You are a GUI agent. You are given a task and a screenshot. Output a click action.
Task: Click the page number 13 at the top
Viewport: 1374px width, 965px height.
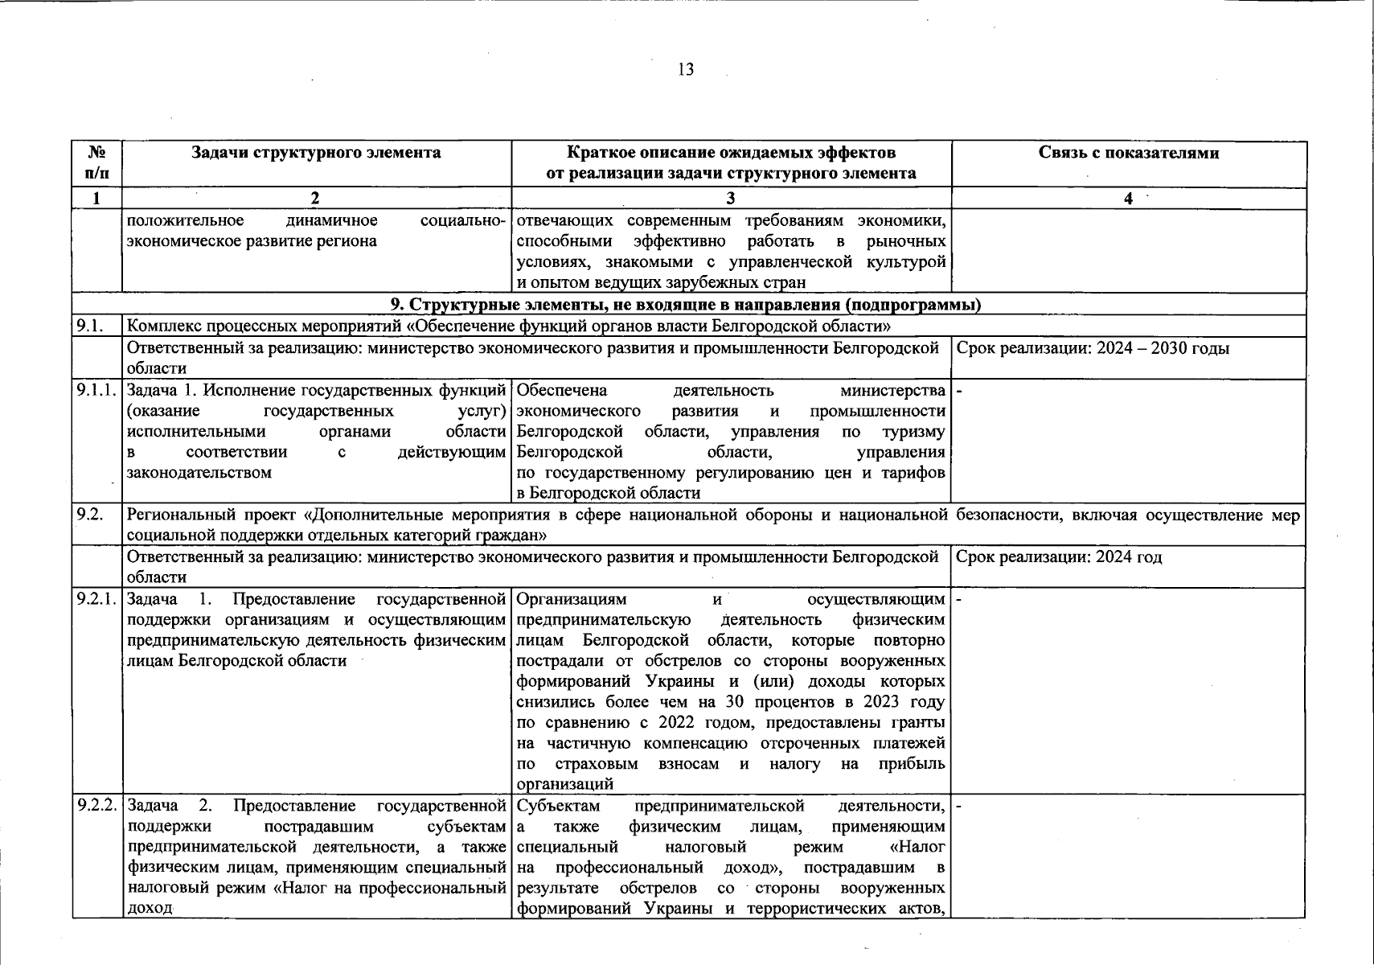pos(686,69)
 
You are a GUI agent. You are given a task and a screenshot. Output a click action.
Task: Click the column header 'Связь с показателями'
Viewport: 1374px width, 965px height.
pos(1128,153)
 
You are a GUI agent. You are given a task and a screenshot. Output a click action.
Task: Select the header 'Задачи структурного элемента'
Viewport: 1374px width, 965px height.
pos(316,153)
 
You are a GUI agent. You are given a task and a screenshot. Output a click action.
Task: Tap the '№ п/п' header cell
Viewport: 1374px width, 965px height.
pos(96,162)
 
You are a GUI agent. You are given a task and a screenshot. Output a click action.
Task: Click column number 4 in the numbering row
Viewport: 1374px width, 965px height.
pos(1128,199)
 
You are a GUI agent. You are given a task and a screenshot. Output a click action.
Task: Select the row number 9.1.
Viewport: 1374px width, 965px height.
pos(87,326)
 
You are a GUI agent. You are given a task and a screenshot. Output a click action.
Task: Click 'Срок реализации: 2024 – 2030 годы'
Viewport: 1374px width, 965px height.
pos(1093,348)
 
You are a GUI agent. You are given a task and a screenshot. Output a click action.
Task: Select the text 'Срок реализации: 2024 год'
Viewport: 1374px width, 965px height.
pos(1060,557)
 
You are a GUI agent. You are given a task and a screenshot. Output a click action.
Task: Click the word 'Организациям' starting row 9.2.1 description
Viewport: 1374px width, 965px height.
pos(571,600)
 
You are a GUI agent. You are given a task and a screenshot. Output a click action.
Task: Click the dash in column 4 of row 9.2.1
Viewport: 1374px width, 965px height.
pos(958,600)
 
